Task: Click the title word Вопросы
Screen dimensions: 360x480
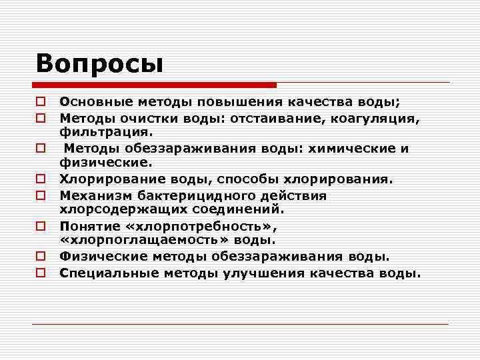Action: click(100, 63)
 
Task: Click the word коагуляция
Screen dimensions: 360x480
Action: click(379, 118)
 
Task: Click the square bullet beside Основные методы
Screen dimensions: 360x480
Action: click(41, 103)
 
